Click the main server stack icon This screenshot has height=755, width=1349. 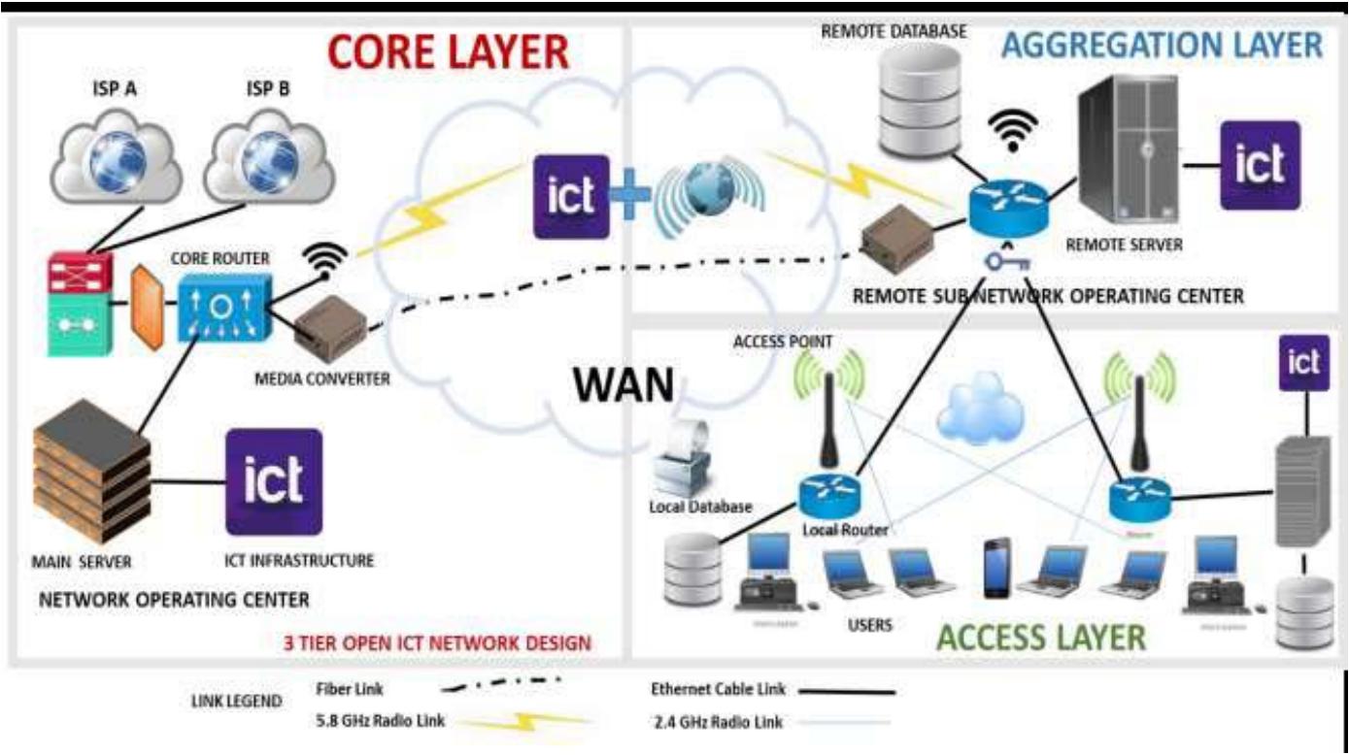pyautogui.click(x=92, y=475)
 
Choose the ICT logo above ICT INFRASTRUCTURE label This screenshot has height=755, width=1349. pyautogui.click(x=273, y=481)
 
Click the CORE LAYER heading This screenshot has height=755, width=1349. pyautogui.click(x=448, y=51)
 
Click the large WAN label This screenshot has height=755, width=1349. pyautogui.click(x=623, y=386)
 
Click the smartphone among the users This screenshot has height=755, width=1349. pyautogui.click(x=996, y=568)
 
